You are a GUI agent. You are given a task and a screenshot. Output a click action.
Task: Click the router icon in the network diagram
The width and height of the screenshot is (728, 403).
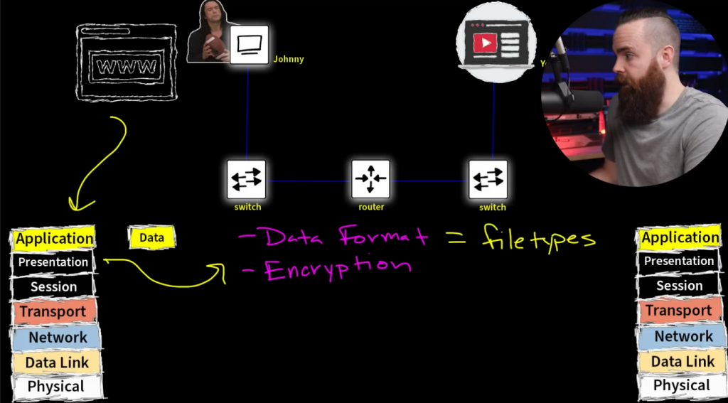pyautogui.click(x=370, y=179)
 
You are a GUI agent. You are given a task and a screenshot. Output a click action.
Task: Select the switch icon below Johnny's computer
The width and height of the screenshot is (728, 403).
pyautogui.click(x=247, y=179)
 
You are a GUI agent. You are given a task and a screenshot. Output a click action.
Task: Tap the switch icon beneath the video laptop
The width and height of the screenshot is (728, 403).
pyautogui.click(x=488, y=179)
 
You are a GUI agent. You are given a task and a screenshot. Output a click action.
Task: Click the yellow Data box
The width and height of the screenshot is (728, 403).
pyautogui.click(x=151, y=238)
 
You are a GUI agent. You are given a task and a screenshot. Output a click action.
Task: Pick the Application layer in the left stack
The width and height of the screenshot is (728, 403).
pyautogui.click(x=54, y=239)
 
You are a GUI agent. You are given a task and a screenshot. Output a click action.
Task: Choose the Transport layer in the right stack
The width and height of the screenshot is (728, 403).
pyautogui.click(x=679, y=311)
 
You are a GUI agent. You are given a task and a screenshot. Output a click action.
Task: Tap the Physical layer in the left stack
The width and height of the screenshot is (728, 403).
pyautogui.click(x=55, y=387)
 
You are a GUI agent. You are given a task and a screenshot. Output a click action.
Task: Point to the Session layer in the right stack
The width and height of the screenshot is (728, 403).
pyautogui.click(x=679, y=286)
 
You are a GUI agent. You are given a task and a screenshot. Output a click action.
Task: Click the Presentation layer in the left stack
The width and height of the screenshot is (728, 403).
pyautogui.click(x=53, y=262)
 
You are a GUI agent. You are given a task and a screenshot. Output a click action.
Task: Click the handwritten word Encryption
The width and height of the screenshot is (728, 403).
pyautogui.click(x=338, y=269)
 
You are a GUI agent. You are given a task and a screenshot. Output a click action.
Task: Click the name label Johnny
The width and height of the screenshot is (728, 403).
pyautogui.click(x=289, y=59)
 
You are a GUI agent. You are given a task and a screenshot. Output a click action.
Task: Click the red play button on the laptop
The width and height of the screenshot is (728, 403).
pyautogui.click(x=485, y=43)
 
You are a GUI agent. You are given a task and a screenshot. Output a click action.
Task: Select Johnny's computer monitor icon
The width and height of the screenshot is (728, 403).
pyautogui.click(x=249, y=45)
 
